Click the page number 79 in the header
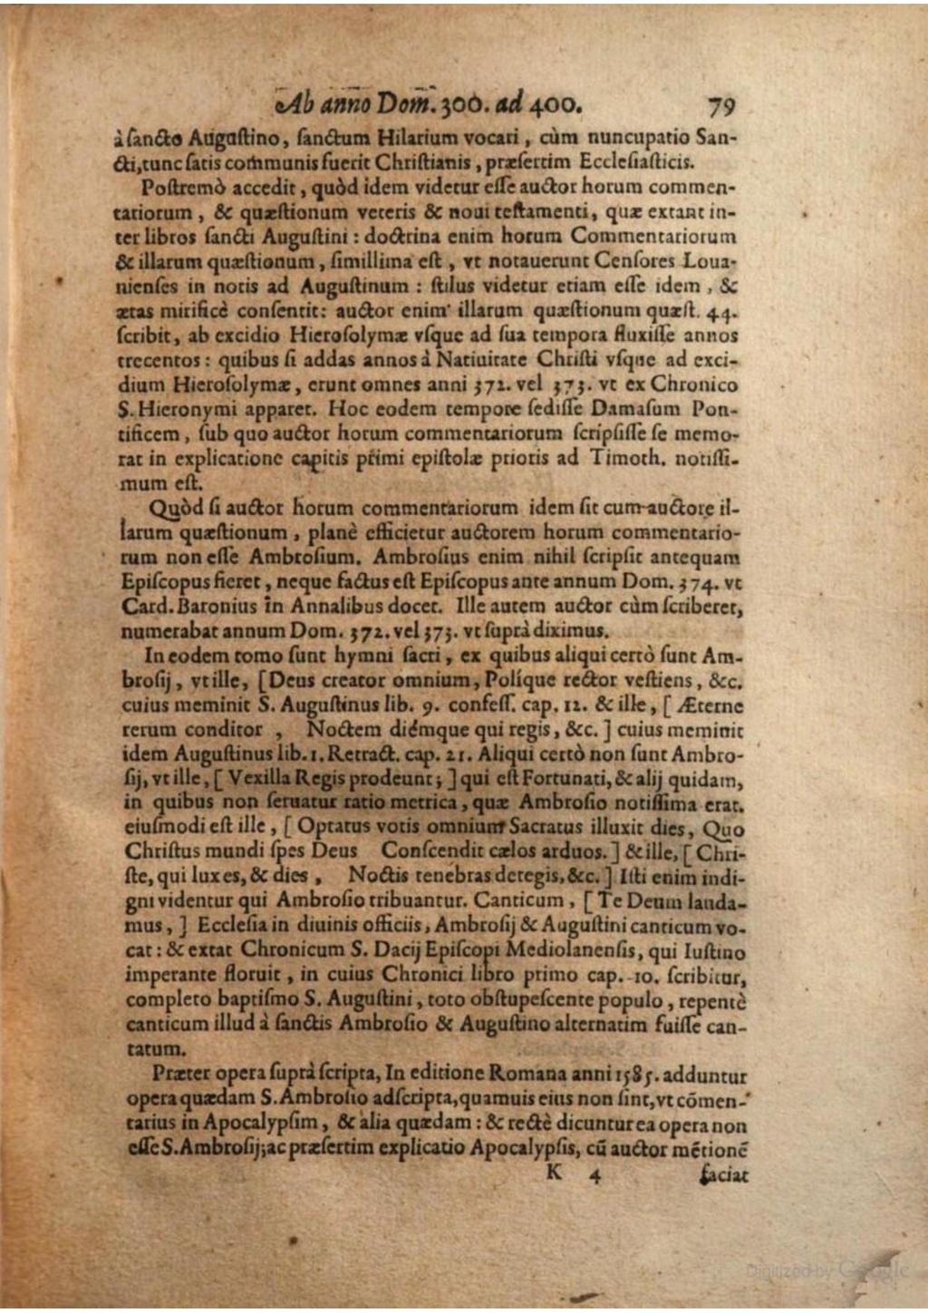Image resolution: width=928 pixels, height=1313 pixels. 721,107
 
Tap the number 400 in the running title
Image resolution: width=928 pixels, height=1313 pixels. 554,105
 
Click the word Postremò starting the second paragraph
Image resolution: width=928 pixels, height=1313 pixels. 179,188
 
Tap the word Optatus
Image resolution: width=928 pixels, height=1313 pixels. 333,827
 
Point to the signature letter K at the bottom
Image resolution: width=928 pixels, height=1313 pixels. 555,1172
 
